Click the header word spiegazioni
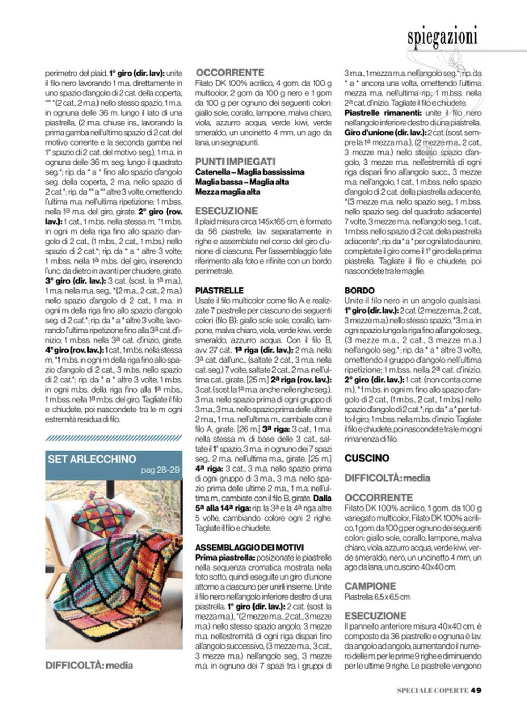point(442,36)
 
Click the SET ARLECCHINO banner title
point(92,459)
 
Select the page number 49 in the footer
point(476,690)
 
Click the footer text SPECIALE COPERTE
point(432,690)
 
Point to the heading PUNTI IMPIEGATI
point(235,162)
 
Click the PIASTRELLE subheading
point(219,290)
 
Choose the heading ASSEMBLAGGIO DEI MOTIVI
point(249,548)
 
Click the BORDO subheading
point(359,290)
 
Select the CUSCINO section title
point(367,458)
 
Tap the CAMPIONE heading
point(370,586)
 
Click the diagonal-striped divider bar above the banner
point(114,438)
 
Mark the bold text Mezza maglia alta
point(227,192)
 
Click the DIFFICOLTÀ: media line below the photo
point(89,665)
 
